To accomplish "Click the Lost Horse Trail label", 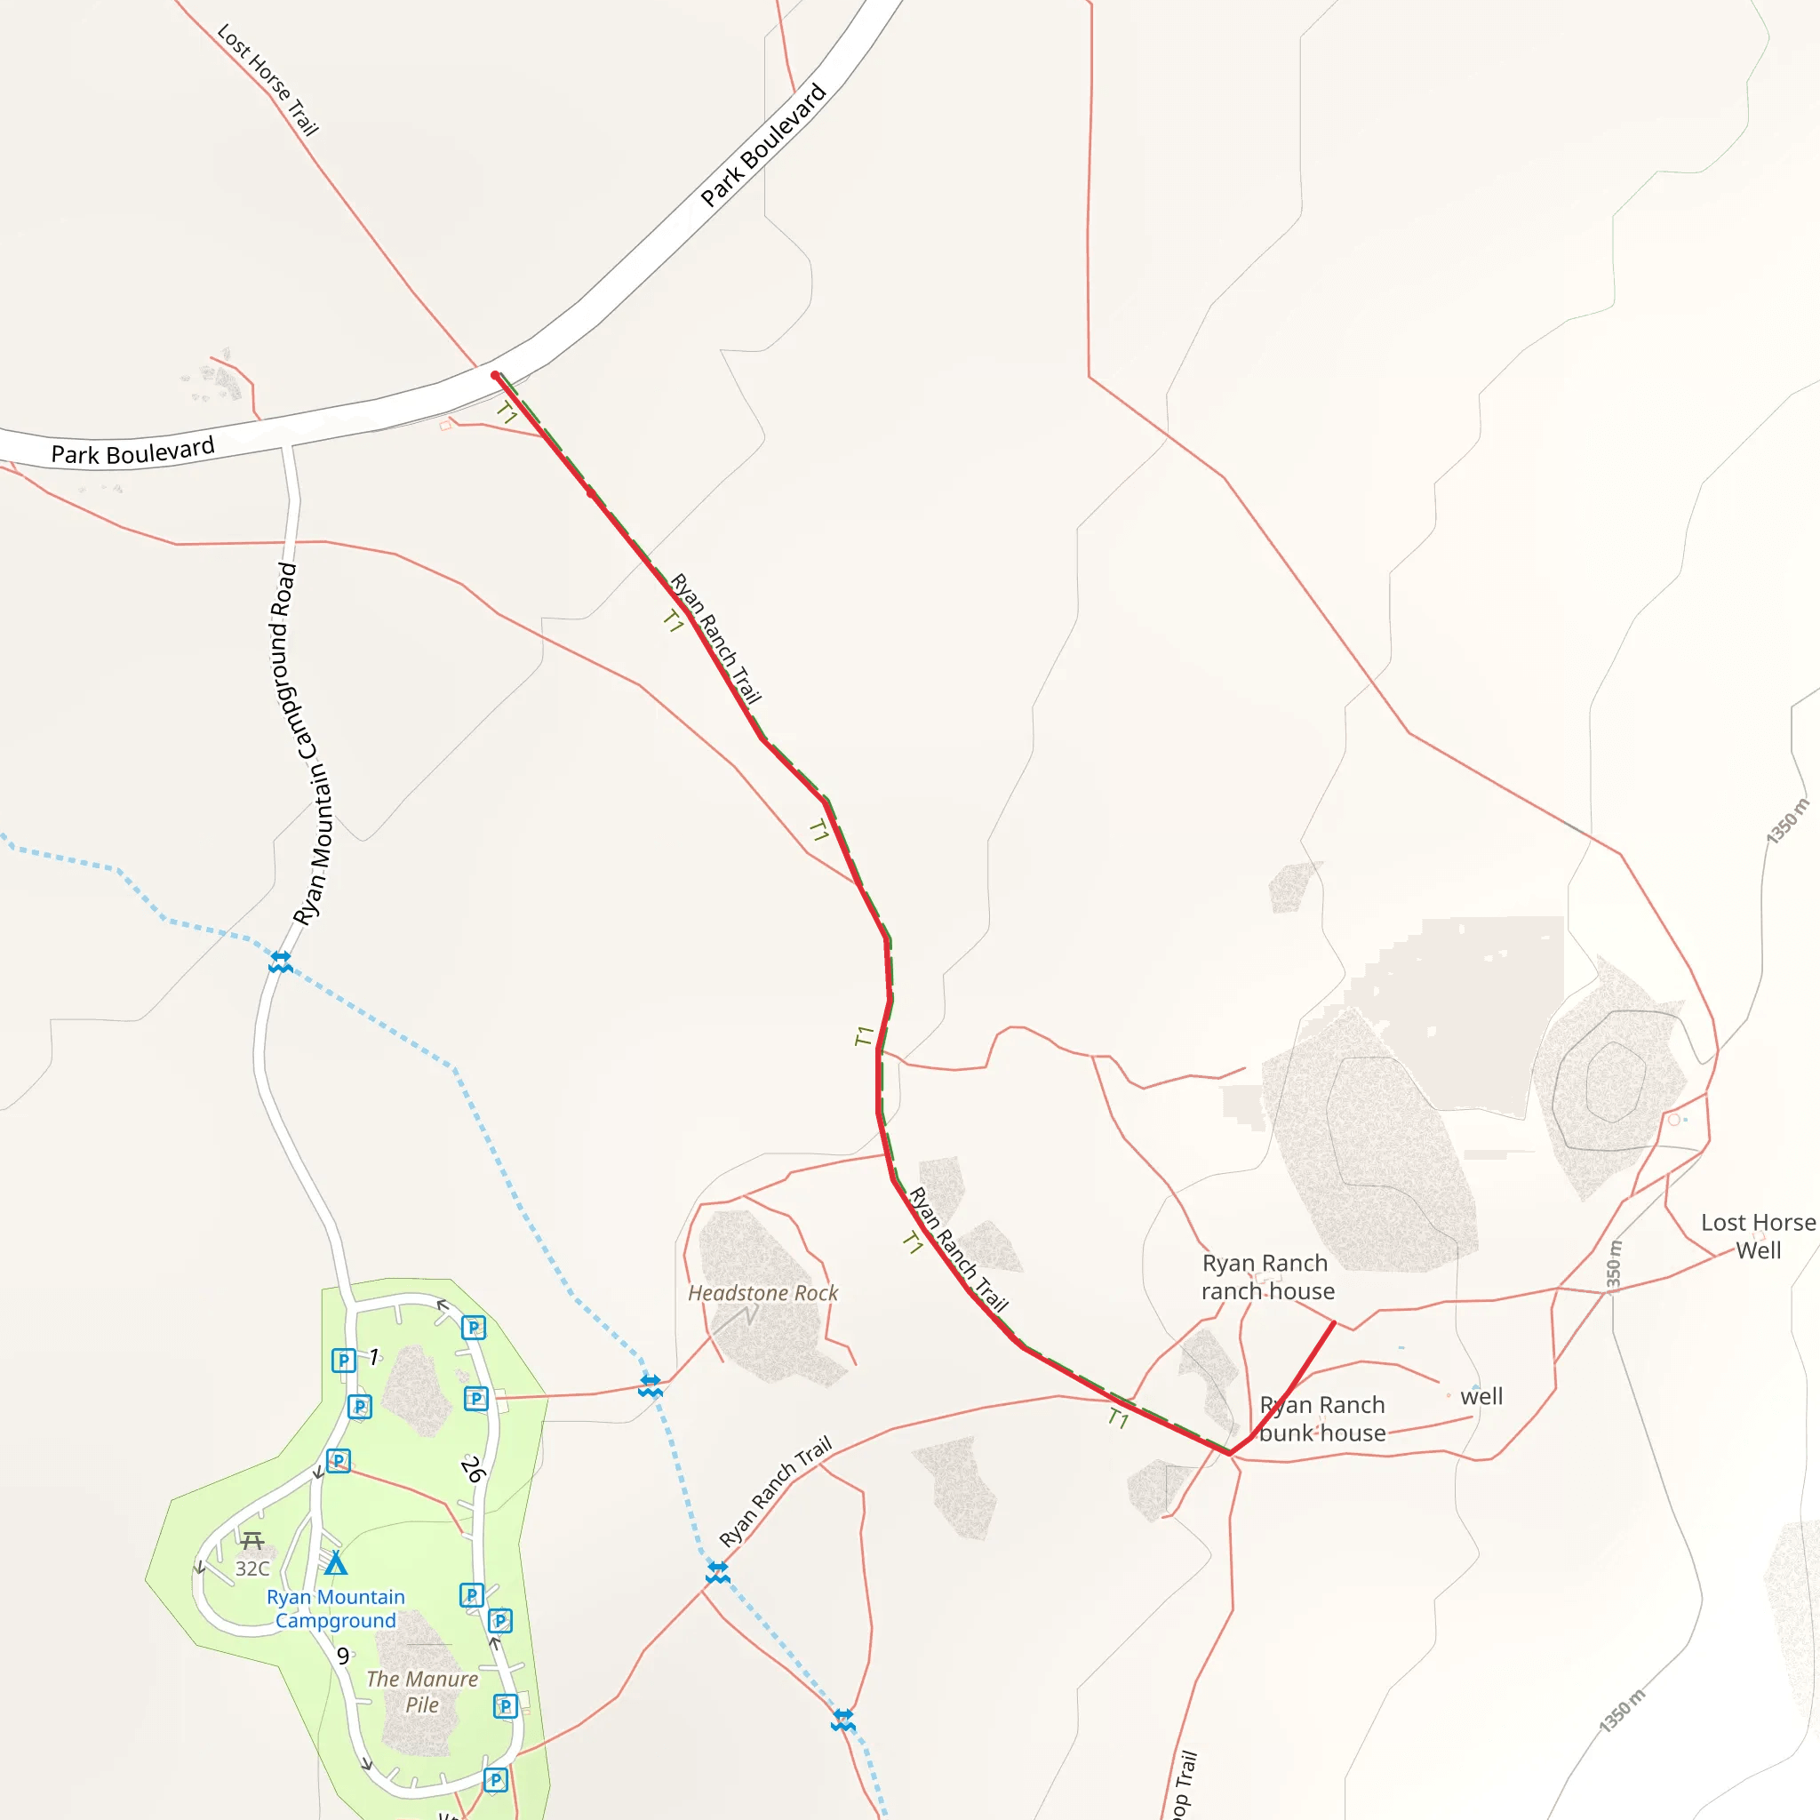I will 268,79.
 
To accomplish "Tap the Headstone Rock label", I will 762,1293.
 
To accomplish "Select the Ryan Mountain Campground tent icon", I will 335,1564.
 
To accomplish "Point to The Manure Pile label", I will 422,1692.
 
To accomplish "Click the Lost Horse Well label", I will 1758,1236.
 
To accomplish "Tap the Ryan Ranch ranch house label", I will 1267,1276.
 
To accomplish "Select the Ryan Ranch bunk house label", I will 1321,1418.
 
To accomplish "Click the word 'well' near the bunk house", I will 1481,1396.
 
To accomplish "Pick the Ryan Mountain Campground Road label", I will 307,744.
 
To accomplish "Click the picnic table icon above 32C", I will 251,1541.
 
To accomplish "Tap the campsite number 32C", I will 251,1569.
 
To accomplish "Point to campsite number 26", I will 473,1469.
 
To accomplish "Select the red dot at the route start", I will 496,376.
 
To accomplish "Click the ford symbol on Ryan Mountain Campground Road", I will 281,962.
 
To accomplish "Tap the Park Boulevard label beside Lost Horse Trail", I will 763,145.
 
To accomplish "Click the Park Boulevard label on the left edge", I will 132,451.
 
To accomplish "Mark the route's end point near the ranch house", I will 1334,1323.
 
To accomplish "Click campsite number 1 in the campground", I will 374,1356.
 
